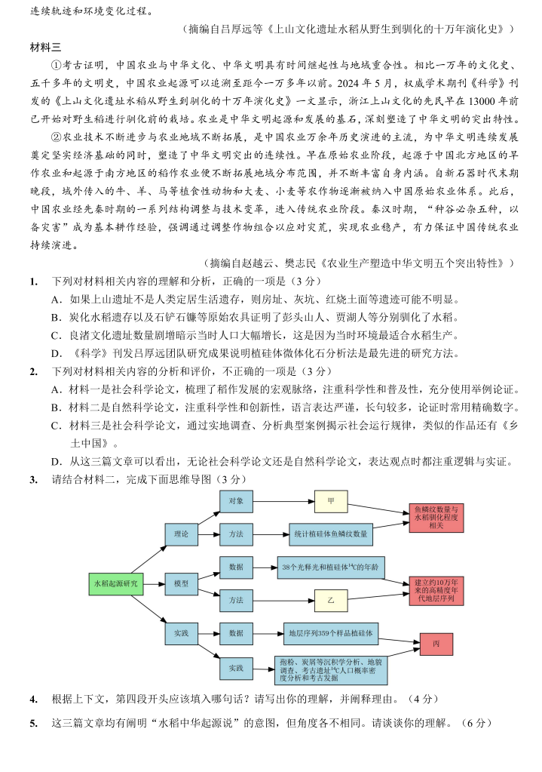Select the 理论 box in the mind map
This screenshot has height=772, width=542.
(181, 534)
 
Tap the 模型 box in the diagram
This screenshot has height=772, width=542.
(181, 583)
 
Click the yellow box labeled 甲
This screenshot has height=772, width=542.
(331, 500)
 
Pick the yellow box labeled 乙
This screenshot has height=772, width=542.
(331, 600)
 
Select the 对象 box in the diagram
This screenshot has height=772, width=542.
(236, 500)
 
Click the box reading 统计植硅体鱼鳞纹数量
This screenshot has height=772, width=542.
(332, 534)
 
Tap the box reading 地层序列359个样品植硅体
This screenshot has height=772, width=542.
(331, 633)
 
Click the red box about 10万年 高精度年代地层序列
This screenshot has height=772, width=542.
(436, 590)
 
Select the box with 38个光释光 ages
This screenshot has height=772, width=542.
(331, 567)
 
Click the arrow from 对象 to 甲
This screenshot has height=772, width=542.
(283, 500)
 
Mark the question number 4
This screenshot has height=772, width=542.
(33, 700)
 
